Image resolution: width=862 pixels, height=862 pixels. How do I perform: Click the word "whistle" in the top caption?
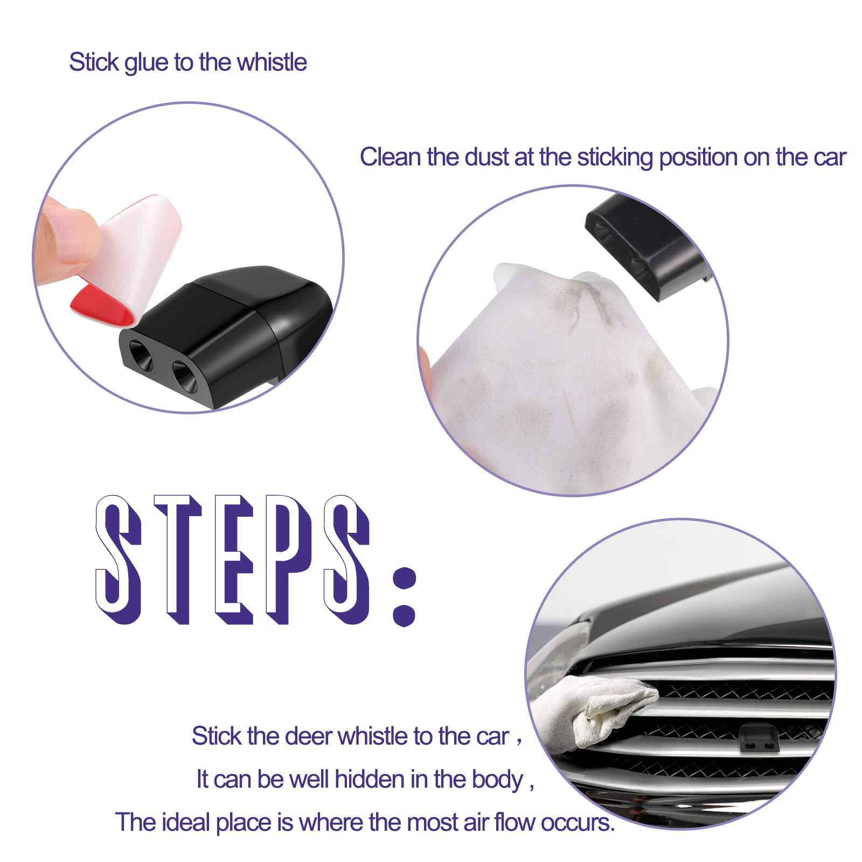[272, 62]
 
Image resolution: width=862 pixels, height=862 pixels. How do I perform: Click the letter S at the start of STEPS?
[120, 566]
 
